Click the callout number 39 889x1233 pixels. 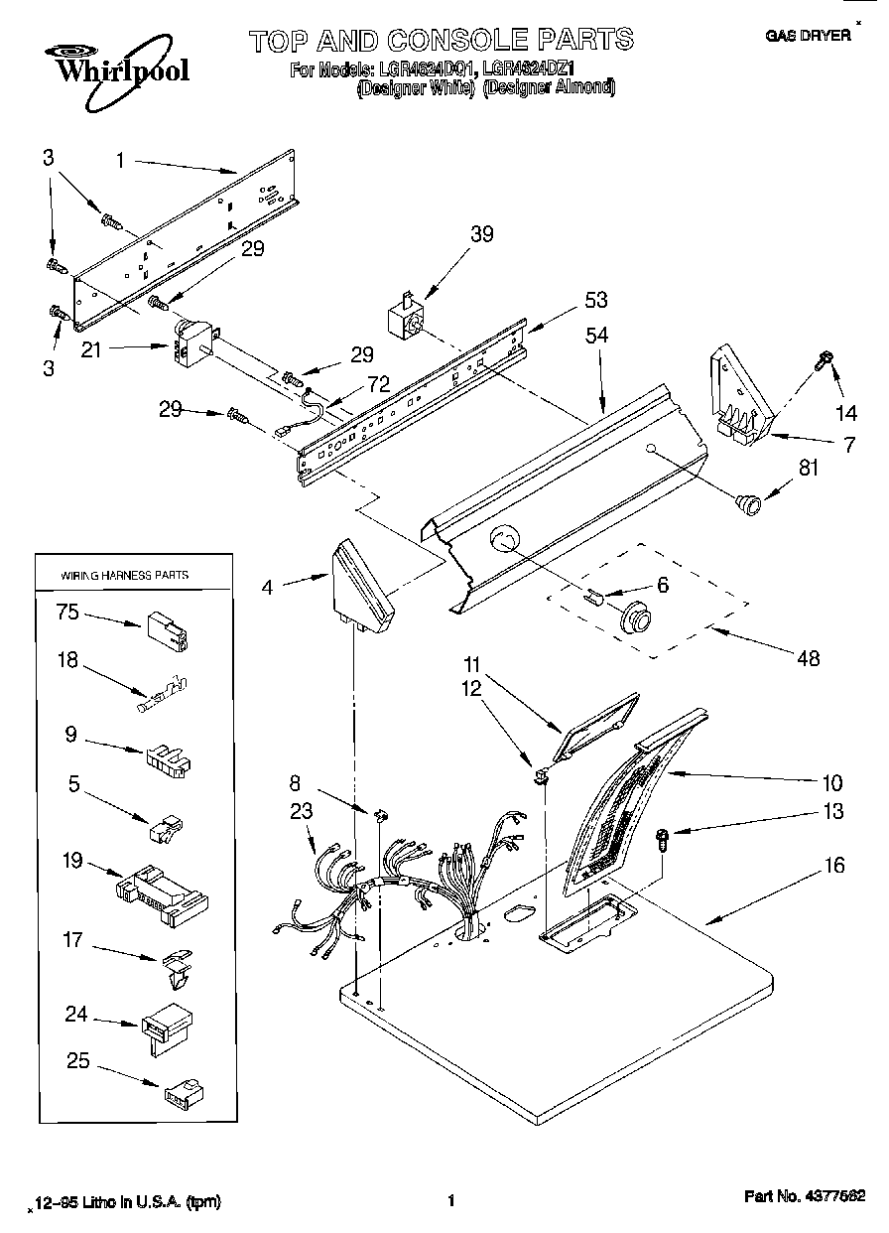481,234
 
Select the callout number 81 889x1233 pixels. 810,467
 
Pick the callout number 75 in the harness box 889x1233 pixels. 67,613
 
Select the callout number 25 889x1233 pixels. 78,1061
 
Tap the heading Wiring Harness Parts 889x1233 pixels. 125,575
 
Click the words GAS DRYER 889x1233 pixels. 808,35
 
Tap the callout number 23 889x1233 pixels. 301,811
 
